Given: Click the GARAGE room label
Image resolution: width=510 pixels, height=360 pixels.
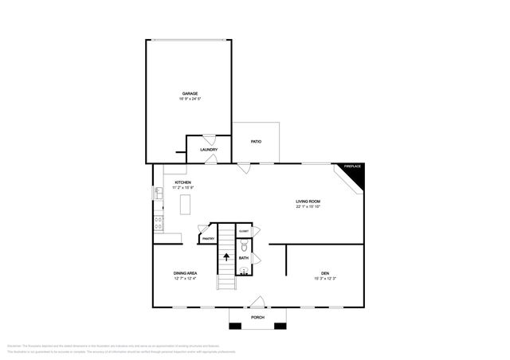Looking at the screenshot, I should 190,93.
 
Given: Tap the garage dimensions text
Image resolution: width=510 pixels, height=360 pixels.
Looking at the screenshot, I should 190,100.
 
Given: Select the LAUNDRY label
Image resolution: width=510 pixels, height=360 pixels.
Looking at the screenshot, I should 209,150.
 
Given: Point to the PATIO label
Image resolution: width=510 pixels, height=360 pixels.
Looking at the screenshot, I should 256,142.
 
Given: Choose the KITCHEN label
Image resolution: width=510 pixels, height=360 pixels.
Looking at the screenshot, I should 182,182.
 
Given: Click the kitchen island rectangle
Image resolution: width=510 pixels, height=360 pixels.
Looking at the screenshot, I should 186,205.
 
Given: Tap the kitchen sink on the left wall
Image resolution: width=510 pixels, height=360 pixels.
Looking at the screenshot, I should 158,193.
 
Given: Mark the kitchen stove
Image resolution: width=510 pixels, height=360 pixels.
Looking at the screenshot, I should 159,223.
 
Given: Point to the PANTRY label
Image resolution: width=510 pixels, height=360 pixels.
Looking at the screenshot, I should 207,238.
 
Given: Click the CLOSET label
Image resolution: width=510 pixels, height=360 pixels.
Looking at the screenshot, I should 244,232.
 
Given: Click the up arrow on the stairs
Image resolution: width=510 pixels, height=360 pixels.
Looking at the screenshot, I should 226,256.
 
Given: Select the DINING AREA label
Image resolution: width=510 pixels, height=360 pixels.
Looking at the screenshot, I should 185,273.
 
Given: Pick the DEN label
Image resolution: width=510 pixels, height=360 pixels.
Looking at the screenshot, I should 325,273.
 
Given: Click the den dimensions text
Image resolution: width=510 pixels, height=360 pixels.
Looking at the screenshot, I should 325,279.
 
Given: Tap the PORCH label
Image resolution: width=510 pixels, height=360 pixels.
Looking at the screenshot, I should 257,317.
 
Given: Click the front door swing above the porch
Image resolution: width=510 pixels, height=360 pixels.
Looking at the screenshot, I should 257,302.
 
